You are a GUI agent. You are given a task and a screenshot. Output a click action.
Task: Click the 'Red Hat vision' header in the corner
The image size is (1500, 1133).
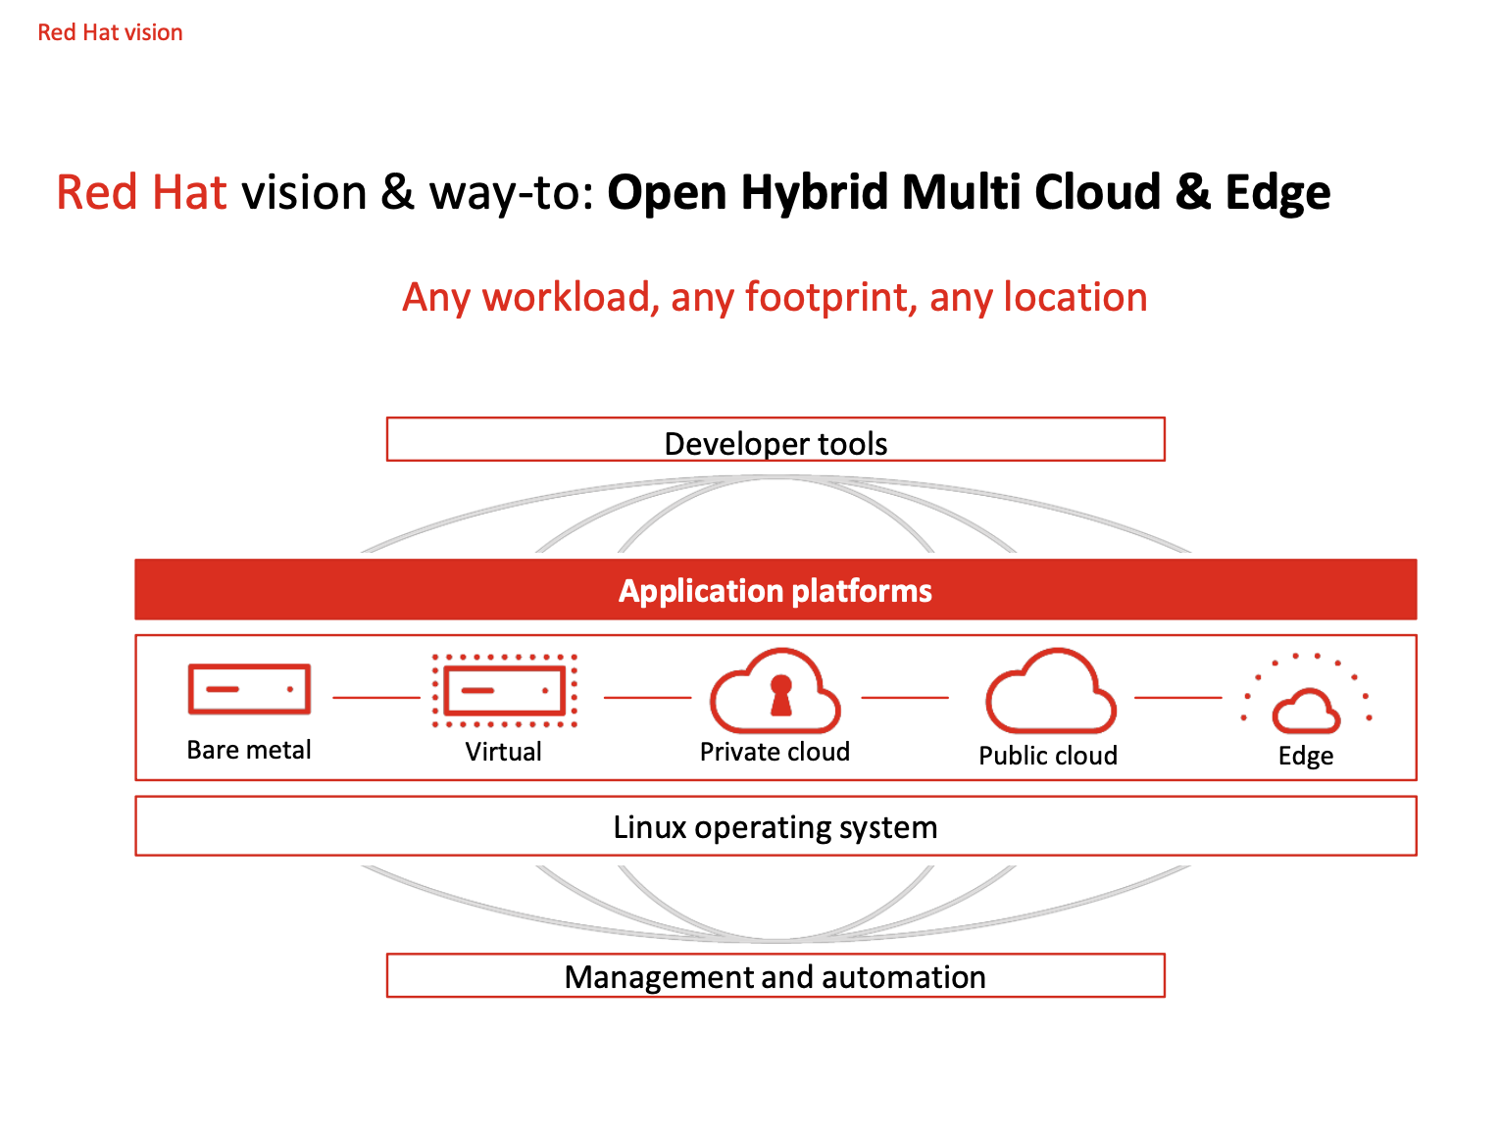tap(110, 32)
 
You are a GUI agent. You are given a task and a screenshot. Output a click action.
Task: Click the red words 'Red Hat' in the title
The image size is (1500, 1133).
tap(141, 192)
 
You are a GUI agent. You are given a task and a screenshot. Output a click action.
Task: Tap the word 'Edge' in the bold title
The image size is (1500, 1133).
tap(1277, 192)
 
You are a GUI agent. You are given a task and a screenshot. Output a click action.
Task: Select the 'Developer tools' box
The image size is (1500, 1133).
tap(775, 440)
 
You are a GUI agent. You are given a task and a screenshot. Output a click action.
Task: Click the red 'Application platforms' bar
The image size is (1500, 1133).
tap(775, 590)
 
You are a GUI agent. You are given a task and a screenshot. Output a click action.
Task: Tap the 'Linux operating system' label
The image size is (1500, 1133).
tap(775, 827)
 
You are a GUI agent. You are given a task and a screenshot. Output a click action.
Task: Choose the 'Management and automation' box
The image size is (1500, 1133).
tap(775, 976)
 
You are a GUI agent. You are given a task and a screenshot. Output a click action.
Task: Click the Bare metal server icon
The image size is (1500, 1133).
tap(249, 689)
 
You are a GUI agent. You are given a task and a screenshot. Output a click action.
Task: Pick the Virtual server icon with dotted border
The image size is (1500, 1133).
tap(504, 690)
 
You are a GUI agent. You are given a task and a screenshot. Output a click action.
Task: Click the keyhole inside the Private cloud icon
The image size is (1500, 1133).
tap(780, 694)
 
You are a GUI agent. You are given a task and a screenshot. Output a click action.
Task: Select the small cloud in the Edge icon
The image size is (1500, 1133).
tap(1306, 712)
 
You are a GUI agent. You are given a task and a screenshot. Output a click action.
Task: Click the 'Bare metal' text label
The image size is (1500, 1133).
tap(249, 750)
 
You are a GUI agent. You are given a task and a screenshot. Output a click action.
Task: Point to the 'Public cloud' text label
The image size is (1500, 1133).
tap(1048, 756)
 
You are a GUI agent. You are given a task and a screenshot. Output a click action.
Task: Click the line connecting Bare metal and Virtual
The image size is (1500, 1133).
tap(375, 697)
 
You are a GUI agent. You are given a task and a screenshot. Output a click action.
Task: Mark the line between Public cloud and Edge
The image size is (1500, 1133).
tap(1177, 697)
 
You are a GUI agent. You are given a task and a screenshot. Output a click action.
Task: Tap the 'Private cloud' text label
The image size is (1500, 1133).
tap(775, 752)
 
